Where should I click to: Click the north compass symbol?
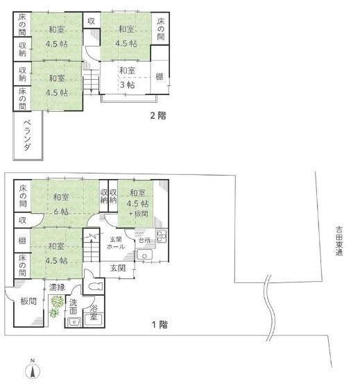(33, 370)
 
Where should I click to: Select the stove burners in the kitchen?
(162, 236)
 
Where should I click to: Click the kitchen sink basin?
(144, 255)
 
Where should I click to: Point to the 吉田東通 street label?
(339, 241)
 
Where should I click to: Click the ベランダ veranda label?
(28, 135)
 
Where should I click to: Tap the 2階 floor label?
(158, 115)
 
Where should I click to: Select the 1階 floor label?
(160, 324)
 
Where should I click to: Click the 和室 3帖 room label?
(128, 78)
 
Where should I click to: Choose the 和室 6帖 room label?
(61, 204)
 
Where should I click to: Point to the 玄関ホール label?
(116, 243)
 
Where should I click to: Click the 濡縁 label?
(57, 287)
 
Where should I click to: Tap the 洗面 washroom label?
(73, 307)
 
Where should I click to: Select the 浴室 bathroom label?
(94, 312)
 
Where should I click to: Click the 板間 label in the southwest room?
(28, 301)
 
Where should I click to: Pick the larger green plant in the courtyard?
(57, 302)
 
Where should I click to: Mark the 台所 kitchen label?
(144, 240)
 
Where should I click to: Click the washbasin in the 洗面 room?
(74, 321)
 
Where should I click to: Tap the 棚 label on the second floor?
(160, 77)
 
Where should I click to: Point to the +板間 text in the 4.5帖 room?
(139, 213)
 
